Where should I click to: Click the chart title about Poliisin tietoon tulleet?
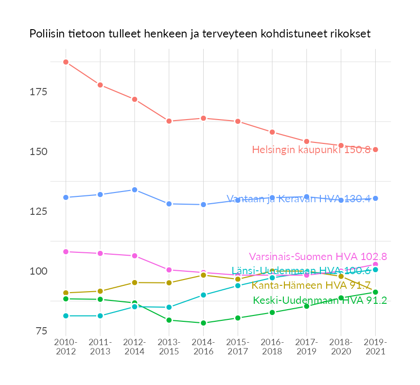click(200, 34)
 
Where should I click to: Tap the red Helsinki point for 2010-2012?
click(66, 62)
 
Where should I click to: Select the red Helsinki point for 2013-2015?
click(169, 121)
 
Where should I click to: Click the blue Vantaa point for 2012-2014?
click(135, 190)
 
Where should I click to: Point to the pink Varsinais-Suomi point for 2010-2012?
click(66, 252)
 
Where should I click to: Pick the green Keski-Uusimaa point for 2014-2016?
click(204, 323)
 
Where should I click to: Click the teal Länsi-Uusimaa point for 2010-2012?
click(66, 316)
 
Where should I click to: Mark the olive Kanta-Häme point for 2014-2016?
click(204, 275)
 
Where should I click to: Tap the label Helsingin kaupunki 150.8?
click(311, 150)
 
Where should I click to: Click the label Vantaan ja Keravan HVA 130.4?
click(298, 198)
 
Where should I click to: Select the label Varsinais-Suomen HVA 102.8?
click(318, 257)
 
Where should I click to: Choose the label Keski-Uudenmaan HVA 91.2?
click(320, 300)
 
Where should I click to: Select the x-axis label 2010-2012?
click(66, 347)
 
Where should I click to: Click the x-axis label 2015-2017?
click(238, 347)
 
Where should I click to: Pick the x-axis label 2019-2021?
click(375, 347)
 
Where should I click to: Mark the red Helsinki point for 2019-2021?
click(375, 149)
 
